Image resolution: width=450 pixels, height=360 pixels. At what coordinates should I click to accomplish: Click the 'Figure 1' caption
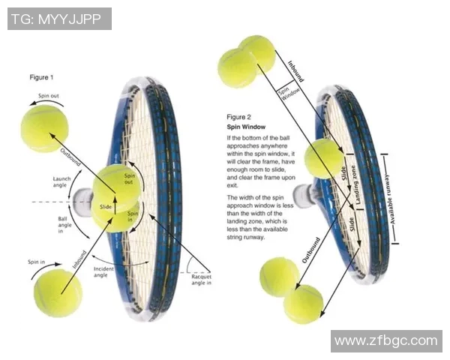pyautogui.click(x=41, y=77)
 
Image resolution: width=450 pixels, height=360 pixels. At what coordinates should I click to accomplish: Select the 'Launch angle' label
pyautogui.click(x=62, y=183)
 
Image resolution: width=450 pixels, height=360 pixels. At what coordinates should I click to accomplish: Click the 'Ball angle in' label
pyautogui.click(x=65, y=225)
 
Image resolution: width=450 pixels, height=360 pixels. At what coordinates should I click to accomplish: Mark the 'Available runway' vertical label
pyautogui.click(x=396, y=199)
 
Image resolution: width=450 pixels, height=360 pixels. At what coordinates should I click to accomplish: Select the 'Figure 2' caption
pyautogui.click(x=239, y=117)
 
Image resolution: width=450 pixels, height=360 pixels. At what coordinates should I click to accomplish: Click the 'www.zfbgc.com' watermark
pyautogui.click(x=385, y=341)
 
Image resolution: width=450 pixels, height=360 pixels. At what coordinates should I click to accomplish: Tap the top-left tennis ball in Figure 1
pyautogui.click(x=45, y=128)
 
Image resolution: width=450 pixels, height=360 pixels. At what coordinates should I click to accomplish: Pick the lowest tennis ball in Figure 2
pyautogui.click(x=303, y=304)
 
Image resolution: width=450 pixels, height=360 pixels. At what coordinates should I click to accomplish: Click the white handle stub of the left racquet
pyautogui.click(x=82, y=199)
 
